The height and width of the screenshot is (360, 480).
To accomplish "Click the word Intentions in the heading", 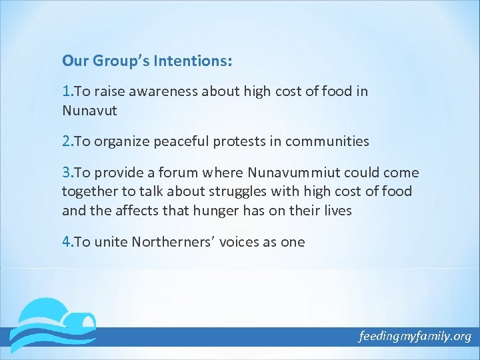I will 193,61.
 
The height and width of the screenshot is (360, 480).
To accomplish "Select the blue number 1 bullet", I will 65,91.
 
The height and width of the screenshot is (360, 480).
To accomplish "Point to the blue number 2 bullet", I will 65,141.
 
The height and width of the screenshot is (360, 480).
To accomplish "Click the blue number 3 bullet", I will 65,173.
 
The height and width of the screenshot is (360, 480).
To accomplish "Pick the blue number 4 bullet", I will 65,242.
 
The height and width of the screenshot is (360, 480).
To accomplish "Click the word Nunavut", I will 89,110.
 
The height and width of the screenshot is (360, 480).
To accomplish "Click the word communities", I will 330,141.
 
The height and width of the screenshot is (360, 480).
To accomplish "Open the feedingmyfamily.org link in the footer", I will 415,336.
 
